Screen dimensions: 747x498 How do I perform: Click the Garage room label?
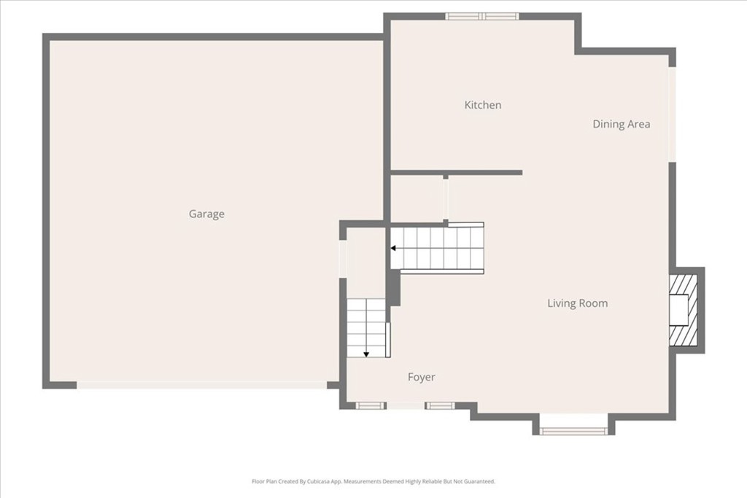tap(206, 214)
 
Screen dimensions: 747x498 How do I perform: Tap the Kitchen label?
tap(483, 105)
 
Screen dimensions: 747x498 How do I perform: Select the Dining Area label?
tap(622, 124)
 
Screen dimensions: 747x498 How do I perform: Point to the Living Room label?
tap(578, 303)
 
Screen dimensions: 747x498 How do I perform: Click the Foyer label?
tap(421, 377)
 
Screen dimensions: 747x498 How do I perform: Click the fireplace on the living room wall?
tap(683, 310)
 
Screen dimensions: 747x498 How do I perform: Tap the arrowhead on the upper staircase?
tap(393, 248)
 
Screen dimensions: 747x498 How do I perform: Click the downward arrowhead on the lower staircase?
tap(366, 354)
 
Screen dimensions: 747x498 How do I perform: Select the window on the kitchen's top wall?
tap(482, 16)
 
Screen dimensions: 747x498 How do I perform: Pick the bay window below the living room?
tap(573, 432)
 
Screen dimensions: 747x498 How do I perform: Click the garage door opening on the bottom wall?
tap(202, 385)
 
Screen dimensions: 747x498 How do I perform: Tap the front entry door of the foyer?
tap(405, 405)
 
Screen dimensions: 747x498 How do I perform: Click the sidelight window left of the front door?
tap(371, 405)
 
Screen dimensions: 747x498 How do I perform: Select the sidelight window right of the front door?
tap(440, 405)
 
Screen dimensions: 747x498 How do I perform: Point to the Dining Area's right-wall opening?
tap(672, 114)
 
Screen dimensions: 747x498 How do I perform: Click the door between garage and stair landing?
tap(343, 259)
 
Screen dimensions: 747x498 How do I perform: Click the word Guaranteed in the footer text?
tap(481, 481)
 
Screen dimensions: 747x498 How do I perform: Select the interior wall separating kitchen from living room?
tap(457, 172)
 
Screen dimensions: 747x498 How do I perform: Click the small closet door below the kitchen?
tap(446, 199)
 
